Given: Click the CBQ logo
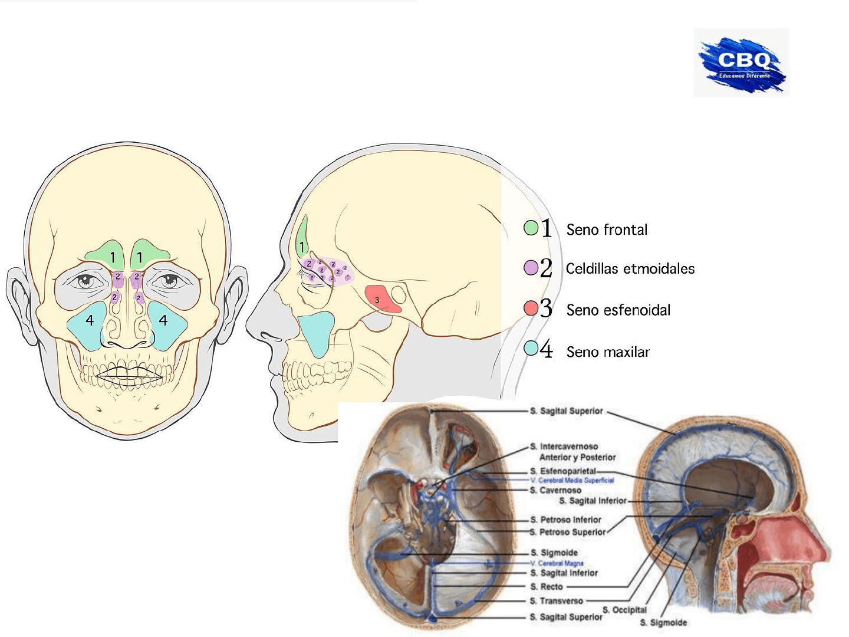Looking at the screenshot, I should pos(742,63).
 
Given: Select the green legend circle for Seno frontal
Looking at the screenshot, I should pos(531,228).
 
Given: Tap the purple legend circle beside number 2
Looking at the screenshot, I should pos(531,268).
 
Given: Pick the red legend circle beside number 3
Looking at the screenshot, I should pos(531,308).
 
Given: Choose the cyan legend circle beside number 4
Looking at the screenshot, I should pos(531,349).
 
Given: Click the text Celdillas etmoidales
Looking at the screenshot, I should pos(630,269).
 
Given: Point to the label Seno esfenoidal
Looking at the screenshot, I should pos(618,310).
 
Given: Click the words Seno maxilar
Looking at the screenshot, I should pos(608,352).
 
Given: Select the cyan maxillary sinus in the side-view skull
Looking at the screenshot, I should pos(316,333).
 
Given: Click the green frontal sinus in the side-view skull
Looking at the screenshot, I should pos(302,236).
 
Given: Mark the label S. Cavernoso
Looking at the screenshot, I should pos(555,490).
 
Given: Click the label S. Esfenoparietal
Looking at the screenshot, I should pos(563,471).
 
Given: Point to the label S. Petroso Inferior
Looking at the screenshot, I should pos(565,520).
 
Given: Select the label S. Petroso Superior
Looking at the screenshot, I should pos(568,532).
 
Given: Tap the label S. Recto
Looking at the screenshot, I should pos(547,587).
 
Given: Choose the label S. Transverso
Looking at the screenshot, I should pos(557,601).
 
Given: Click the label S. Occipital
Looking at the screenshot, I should pos(624,610).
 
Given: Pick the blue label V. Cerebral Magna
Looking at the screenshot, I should pos(557,563).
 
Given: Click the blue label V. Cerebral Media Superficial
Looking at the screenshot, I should pos(572,480).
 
